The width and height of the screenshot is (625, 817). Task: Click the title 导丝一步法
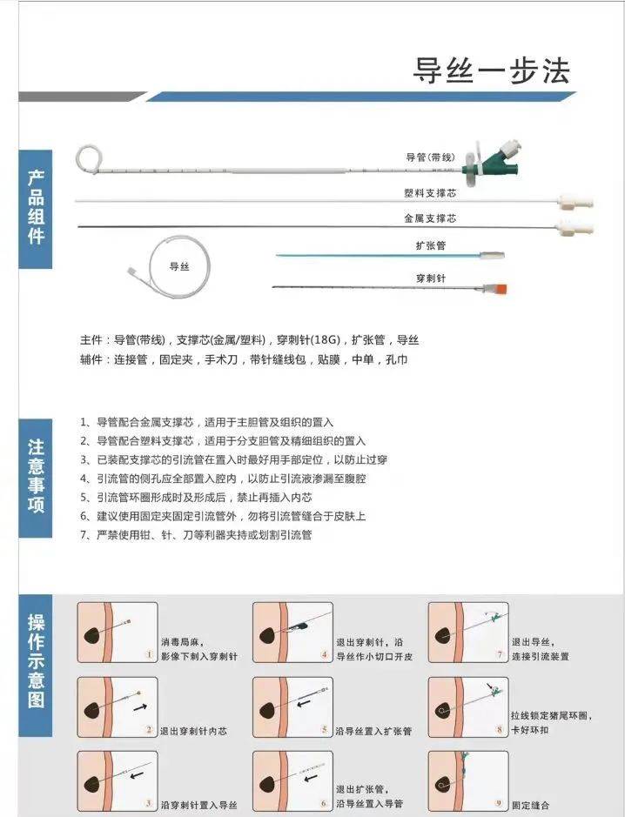491,70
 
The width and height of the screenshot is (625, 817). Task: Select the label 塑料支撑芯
430,191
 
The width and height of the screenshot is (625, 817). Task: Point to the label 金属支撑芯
430,218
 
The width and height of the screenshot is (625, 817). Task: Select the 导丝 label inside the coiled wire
179,267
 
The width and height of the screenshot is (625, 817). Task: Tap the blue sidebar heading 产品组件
36,206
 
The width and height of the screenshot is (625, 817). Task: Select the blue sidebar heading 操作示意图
36,660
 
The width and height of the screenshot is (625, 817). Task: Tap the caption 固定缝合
531,806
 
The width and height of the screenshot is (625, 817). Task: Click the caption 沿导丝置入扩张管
374,731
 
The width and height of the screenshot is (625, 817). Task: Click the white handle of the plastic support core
577,202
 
